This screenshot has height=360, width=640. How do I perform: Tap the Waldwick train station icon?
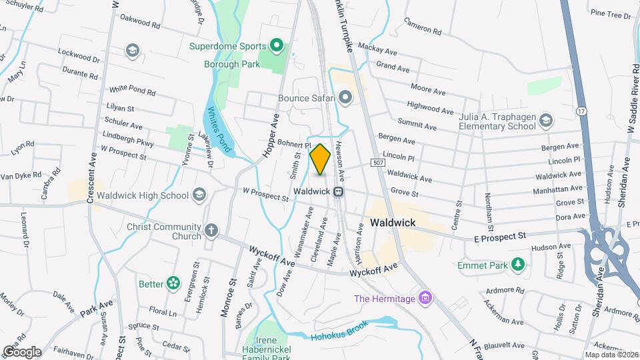click(339, 191)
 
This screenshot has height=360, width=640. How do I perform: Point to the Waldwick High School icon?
click(198, 195)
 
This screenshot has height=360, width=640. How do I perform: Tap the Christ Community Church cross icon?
click(211, 231)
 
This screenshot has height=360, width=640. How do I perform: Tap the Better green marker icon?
click(173, 284)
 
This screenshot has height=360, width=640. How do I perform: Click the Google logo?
click(22, 351)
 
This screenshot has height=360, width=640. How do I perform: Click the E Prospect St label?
click(501, 235)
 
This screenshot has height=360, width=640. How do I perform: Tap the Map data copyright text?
click(611, 354)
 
